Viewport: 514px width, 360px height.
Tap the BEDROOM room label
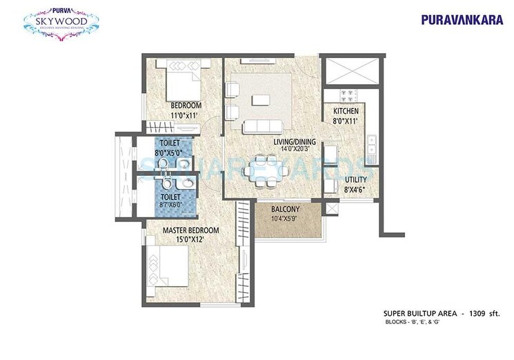coord(186,106)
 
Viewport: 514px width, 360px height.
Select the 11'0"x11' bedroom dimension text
coord(185,115)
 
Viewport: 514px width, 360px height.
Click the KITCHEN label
coord(345,111)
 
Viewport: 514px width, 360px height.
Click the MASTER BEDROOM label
coord(191,230)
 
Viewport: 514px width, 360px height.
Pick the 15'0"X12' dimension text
coord(191,240)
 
